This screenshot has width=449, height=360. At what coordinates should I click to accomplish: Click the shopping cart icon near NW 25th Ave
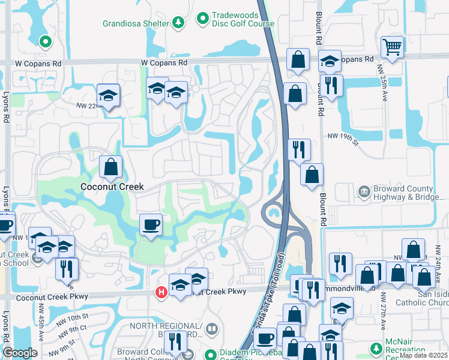tap(391, 47)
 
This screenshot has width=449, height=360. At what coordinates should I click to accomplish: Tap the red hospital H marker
tap(161, 292)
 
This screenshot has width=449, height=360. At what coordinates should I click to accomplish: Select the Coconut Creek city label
tap(112, 187)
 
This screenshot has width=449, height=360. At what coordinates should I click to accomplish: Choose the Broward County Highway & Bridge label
tap(403, 193)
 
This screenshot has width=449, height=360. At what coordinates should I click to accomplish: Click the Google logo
tap(20, 353)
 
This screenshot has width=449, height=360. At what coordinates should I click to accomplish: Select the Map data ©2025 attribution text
tap(423, 355)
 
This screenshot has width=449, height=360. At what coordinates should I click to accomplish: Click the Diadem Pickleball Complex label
tap(241, 354)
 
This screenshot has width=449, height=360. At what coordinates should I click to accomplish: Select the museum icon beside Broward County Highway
tap(364, 192)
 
